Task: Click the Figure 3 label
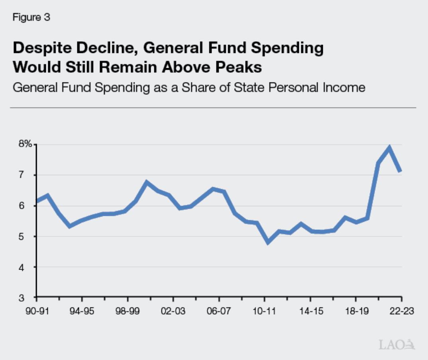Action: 31,18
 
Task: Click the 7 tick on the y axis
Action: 28,175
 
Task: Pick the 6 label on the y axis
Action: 28,205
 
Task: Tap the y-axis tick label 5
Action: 28,236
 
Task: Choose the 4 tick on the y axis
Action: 28,267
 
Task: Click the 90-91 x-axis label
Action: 36,311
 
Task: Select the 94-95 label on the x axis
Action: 82,311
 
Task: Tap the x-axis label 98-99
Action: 128,311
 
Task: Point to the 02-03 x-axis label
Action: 173,311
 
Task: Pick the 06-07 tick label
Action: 218,311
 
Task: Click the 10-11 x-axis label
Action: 264,311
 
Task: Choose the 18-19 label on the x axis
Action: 355,311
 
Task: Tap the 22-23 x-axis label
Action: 401,311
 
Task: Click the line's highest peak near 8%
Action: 389,148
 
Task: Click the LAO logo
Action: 397,344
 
